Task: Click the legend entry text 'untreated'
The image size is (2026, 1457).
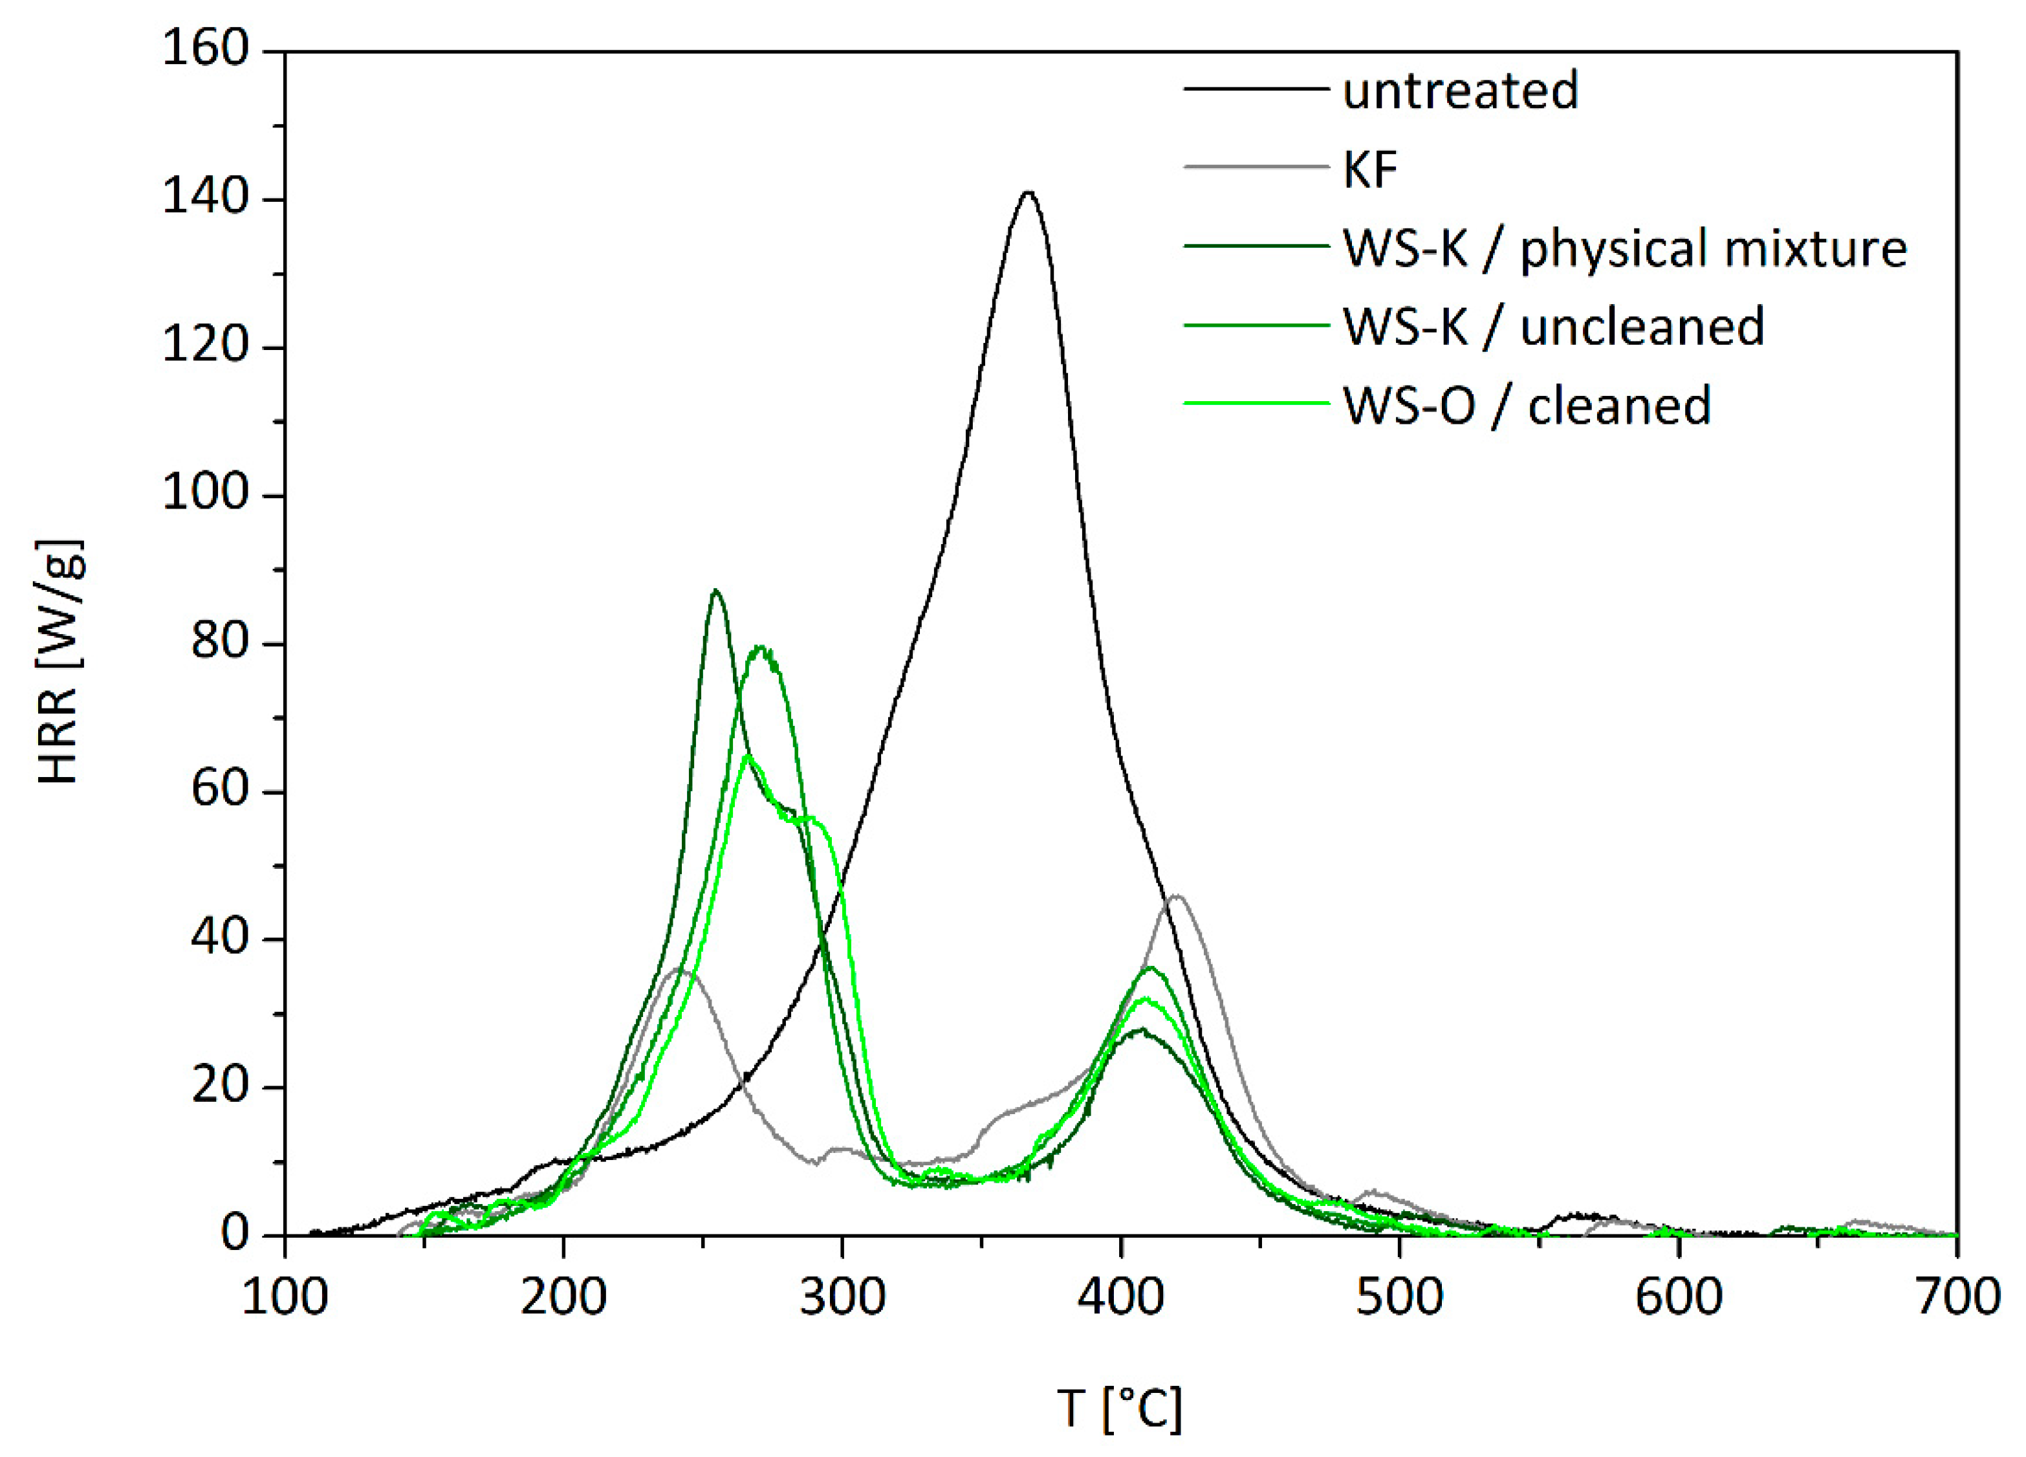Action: pyautogui.click(x=1459, y=90)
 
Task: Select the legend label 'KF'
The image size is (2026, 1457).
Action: pyautogui.click(x=1369, y=169)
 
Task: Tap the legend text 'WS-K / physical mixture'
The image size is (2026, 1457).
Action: pyautogui.click(x=1624, y=247)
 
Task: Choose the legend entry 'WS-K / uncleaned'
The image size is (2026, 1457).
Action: pyautogui.click(x=1552, y=326)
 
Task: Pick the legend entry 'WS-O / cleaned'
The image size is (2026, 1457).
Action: pyautogui.click(x=1527, y=404)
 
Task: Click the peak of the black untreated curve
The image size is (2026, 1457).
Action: pyautogui.click(x=1029, y=193)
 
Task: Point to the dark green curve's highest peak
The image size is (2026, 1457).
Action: pyautogui.click(x=715, y=591)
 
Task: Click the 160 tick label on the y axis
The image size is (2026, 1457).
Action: pyautogui.click(x=204, y=49)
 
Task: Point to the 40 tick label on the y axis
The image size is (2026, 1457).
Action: pyautogui.click(x=219, y=938)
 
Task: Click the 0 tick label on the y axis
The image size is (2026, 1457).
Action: pyautogui.click(x=234, y=1234)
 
